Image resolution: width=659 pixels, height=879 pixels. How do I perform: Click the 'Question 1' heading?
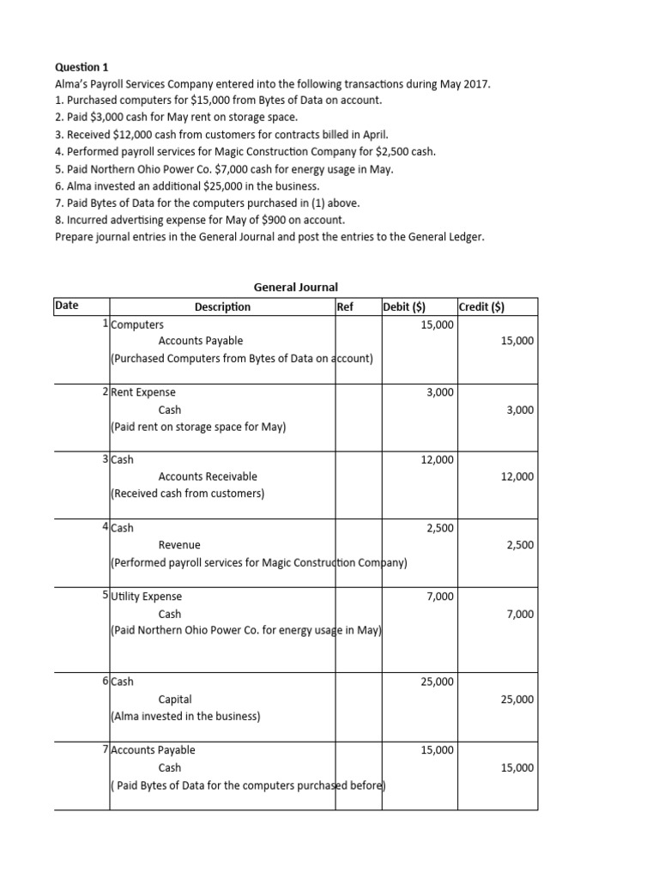[x=82, y=66]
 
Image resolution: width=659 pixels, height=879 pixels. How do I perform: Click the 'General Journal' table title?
[x=296, y=288]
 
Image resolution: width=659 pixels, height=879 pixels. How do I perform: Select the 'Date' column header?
[x=66, y=306]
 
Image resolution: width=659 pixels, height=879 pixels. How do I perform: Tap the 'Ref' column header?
[x=345, y=306]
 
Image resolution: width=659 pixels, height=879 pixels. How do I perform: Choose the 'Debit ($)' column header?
[x=408, y=306]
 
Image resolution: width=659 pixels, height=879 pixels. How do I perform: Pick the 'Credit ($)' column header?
[x=482, y=306]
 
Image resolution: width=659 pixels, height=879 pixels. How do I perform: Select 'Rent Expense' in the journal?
[x=143, y=392]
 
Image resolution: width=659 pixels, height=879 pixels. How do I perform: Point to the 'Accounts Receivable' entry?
[x=208, y=476]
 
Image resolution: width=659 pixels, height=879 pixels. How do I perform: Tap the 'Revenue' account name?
[x=179, y=545]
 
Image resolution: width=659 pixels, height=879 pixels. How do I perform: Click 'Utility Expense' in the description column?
[x=147, y=597]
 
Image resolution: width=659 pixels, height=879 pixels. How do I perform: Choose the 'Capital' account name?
[x=175, y=700]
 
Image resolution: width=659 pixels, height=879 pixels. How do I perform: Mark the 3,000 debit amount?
[x=440, y=392]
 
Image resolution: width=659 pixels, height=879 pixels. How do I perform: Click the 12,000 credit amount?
[x=517, y=476]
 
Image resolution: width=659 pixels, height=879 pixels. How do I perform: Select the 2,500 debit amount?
[x=440, y=528]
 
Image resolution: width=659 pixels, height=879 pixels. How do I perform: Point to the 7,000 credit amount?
[x=519, y=614]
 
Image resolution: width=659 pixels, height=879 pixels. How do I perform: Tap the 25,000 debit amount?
[x=437, y=682]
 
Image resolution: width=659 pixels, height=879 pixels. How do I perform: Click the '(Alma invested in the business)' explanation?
[x=185, y=716]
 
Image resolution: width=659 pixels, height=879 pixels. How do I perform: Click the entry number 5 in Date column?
[x=105, y=595]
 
